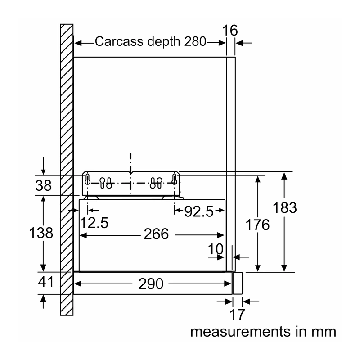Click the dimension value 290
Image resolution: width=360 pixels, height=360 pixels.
[151, 284]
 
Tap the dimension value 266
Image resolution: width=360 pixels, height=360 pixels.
[156, 234]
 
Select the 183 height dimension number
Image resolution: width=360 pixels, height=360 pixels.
[285, 208]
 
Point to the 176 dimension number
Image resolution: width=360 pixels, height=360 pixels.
[257, 225]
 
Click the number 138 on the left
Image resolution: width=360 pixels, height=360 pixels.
[41, 233]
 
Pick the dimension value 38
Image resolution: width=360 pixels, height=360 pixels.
[43, 185]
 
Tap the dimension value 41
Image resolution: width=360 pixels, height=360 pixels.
[46, 282]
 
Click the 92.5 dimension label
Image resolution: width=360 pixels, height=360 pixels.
[199, 211]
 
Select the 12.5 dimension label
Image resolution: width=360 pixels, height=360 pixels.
[94, 223]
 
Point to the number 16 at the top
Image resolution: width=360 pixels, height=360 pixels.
[230, 31]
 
